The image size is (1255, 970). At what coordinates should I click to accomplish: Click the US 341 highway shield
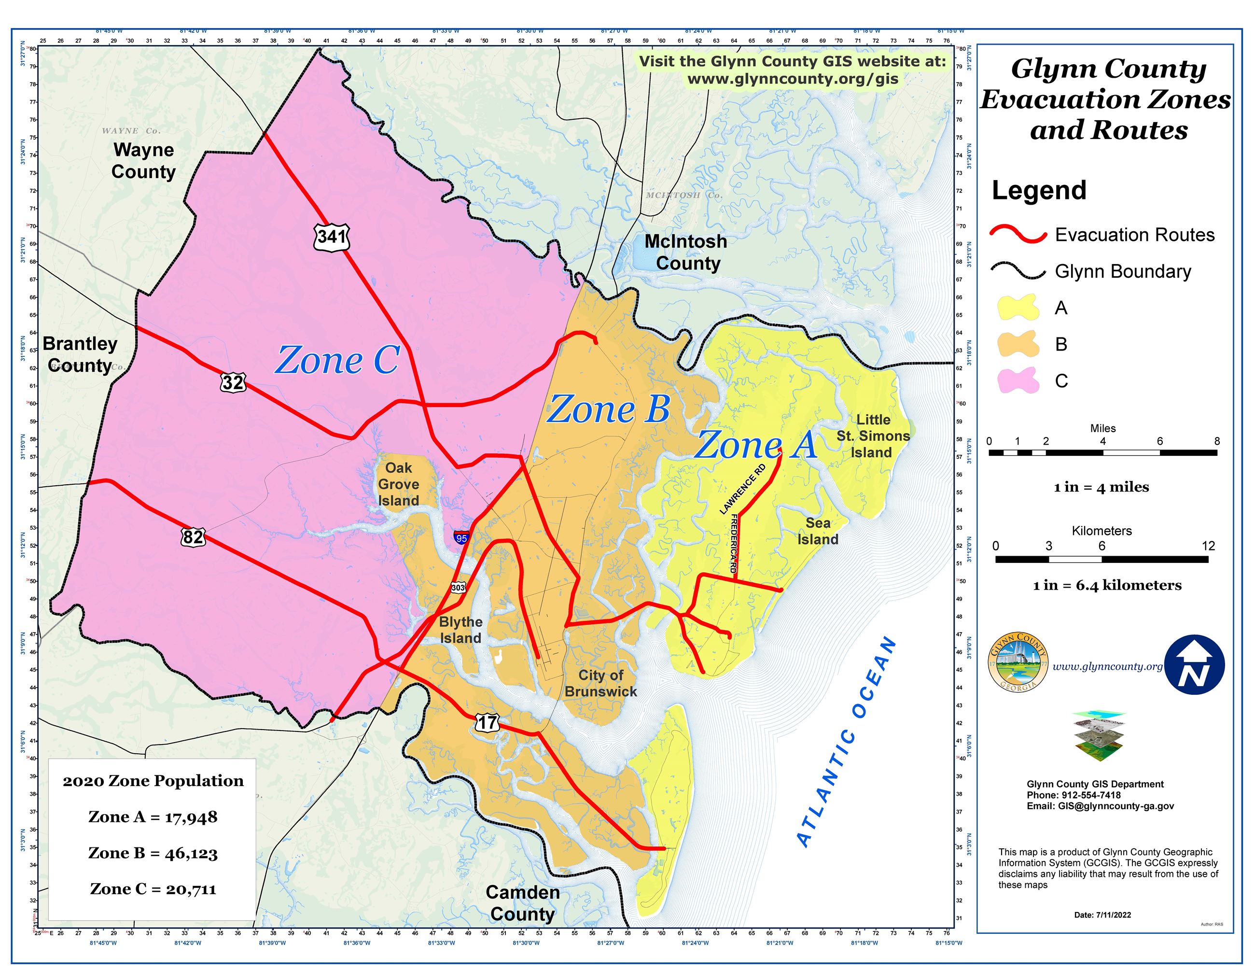pyautogui.click(x=332, y=237)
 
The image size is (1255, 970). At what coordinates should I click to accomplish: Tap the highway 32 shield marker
pyautogui.click(x=233, y=382)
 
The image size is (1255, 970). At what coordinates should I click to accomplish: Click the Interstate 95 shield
pyautogui.click(x=461, y=538)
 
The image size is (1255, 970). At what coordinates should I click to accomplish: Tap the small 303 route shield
pyautogui.click(x=458, y=587)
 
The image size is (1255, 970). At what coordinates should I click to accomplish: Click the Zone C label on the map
pyautogui.click(x=338, y=360)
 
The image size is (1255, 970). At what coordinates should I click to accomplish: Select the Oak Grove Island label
pyautogui.click(x=398, y=484)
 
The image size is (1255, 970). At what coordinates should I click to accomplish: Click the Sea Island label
pyautogui.click(x=817, y=531)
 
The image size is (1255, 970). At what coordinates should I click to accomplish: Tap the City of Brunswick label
pyautogui.click(x=600, y=683)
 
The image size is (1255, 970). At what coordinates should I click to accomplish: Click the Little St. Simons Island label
pyautogui.click(x=873, y=436)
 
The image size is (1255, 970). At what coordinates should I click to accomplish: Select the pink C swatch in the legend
pyautogui.click(x=1019, y=380)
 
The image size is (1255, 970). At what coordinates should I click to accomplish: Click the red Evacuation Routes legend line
pyautogui.click(x=1018, y=235)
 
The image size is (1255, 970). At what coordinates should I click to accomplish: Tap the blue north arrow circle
pyautogui.click(x=1195, y=665)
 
